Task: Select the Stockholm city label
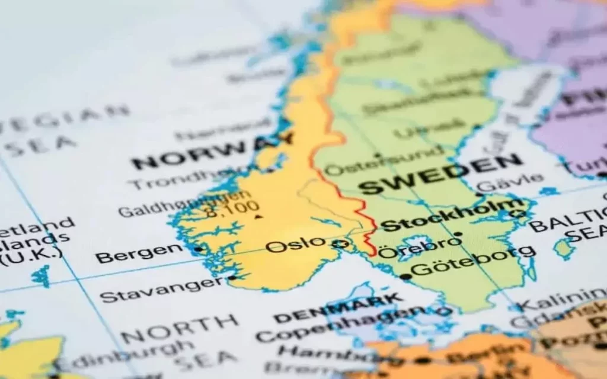451,217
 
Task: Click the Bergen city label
140,253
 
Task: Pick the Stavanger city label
161,290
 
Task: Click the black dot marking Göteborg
405,277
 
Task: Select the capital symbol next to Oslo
340,243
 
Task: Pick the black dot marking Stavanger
232,278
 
